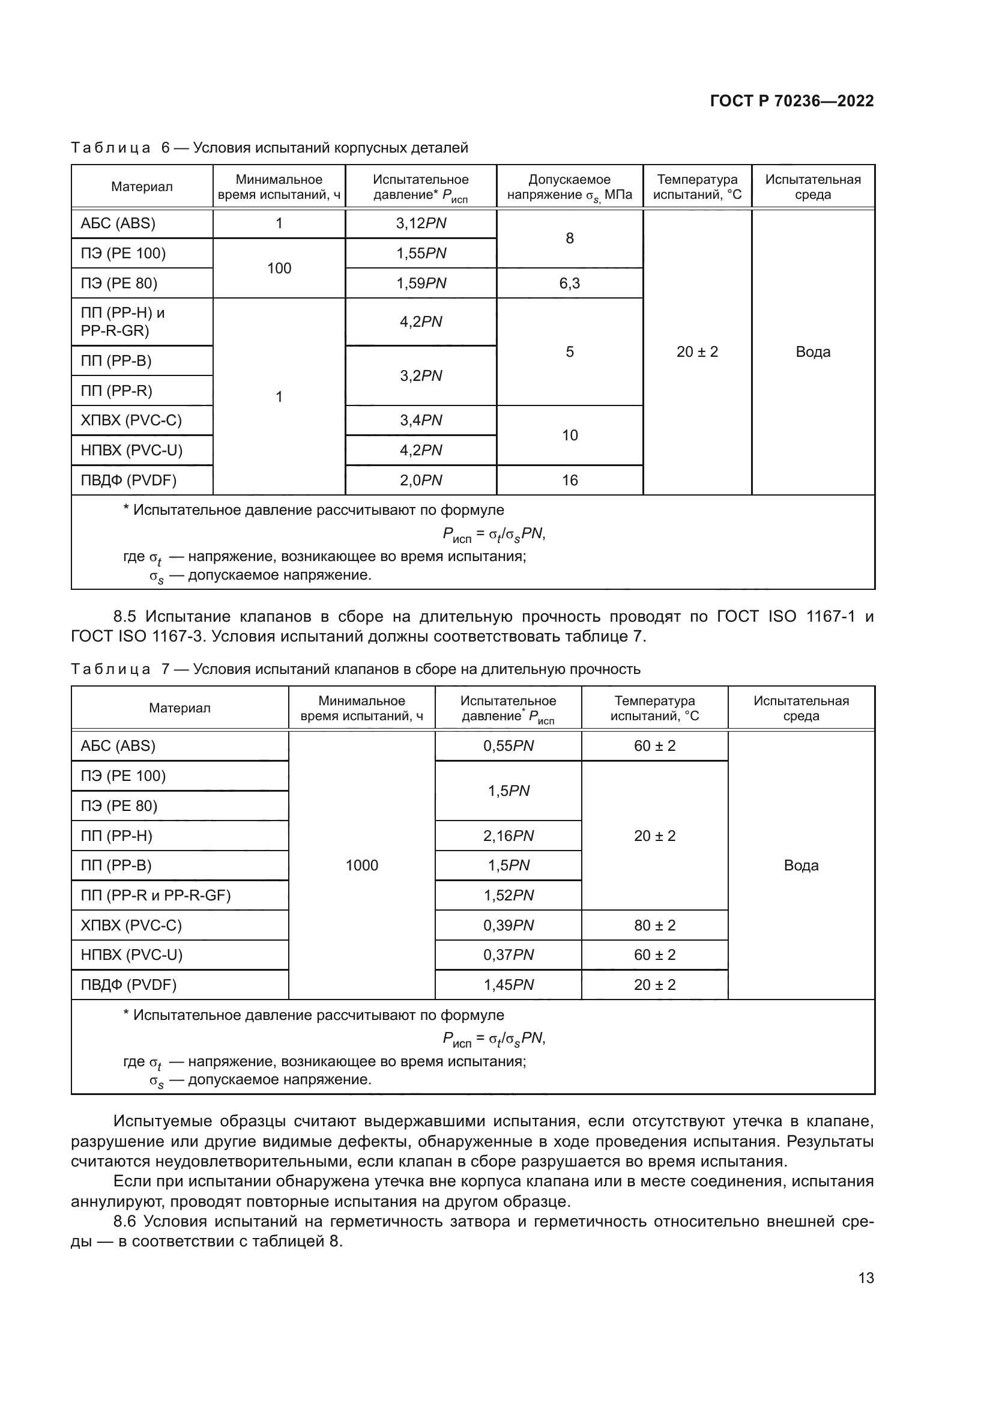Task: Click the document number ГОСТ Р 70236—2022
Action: click(x=791, y=102)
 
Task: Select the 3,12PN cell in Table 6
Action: click(x=421, y=223)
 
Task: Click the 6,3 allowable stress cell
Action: click(x=569, y=284)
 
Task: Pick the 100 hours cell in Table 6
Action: click(x=279, y=268)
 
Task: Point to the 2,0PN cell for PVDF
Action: click(x=421, y=481)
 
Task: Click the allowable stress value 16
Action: click(x=569, y=481)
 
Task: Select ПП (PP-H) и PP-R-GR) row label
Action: click(x=123, y=322)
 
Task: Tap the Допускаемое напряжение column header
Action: click(x=569, y=187)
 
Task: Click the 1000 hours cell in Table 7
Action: click(x=361, y=865)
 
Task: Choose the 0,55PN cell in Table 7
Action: click(x=508, y=746)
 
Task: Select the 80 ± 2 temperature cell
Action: click(x=654, y=925)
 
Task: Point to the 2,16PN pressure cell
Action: click(x=508, y=836)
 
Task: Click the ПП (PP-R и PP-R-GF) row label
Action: click(x=155, y=895)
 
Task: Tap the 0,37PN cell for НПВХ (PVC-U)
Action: click(x=508, y=954)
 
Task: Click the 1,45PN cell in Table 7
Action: click(x=508, y=985)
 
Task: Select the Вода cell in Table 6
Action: click(x=813, y=352)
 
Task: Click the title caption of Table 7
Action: click(x=355, y=669)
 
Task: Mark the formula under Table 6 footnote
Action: click(x=493, y=534)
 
